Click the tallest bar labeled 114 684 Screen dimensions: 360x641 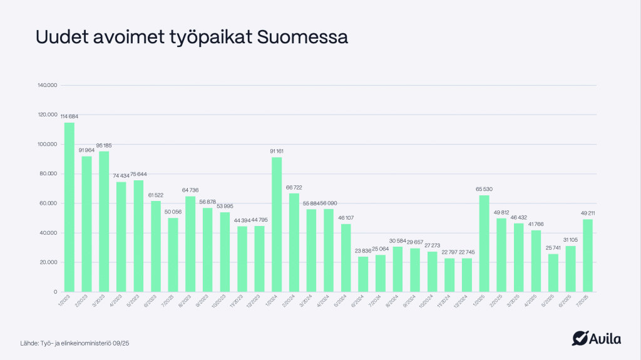69,207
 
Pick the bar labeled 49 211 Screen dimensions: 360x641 588,255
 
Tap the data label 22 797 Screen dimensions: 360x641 449,253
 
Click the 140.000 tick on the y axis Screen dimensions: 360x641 48,85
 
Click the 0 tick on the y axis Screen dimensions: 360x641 55,292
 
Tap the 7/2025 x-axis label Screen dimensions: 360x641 586,300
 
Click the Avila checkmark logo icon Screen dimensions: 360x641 580,339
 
